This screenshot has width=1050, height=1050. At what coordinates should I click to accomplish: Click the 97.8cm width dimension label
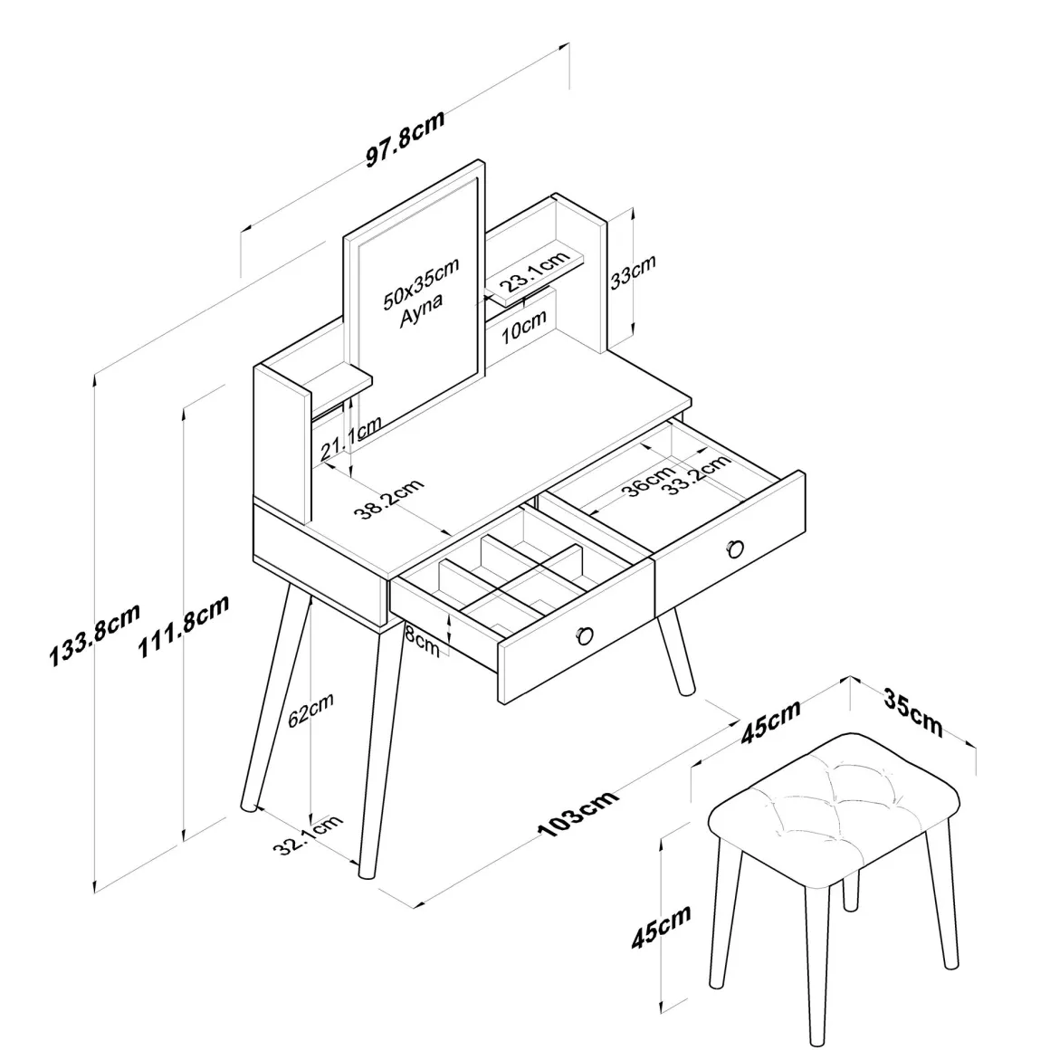click(x=406, y=138)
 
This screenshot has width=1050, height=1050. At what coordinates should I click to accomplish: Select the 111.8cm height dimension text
click(x=184, y=625)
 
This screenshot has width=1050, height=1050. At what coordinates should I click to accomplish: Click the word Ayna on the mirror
click(x=421, y=310)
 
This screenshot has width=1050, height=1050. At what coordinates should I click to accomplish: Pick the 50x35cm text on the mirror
click(x=421, y=283)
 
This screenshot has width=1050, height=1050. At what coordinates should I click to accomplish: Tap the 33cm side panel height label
click(x=633, y=272)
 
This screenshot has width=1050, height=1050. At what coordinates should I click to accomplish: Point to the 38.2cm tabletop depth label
click(x=389, y=499)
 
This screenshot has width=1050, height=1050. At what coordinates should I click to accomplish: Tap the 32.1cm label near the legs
click(x=308, y=835)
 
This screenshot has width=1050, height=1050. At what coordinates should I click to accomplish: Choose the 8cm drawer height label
click(x=423, y=641)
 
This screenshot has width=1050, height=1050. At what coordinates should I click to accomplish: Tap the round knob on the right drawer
click(x=735, y=549)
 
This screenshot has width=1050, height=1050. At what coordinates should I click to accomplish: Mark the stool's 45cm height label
click(x=661, y=927)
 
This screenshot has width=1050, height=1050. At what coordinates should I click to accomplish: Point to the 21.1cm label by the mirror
click(x=350, y=439)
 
